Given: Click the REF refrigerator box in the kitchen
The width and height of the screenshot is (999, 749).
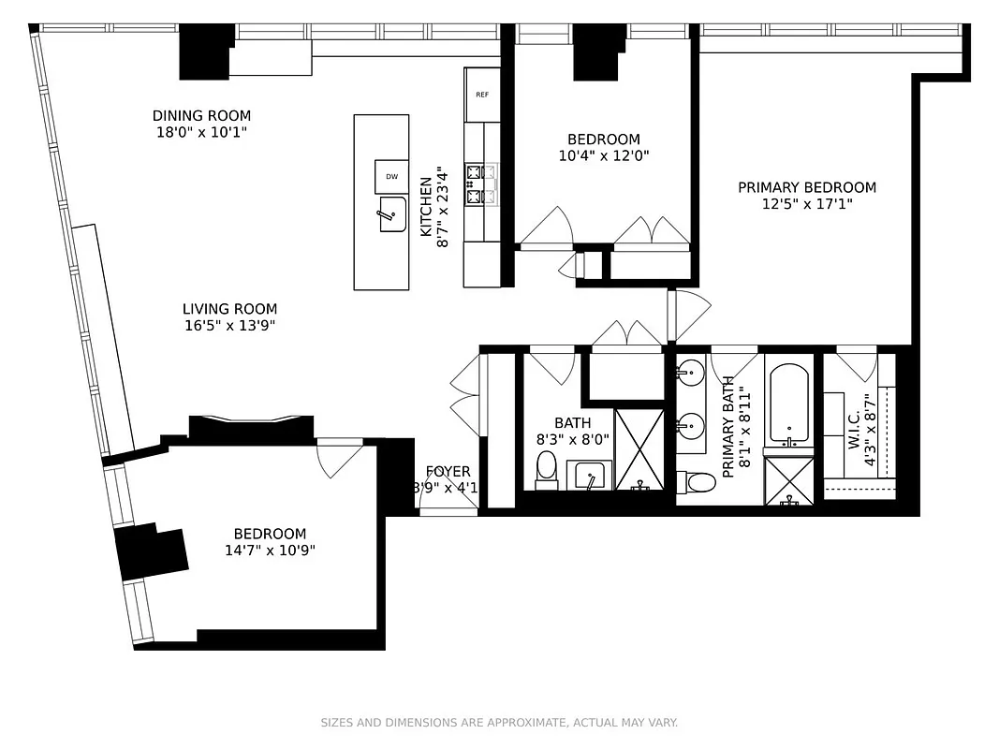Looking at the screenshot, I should [482, 95].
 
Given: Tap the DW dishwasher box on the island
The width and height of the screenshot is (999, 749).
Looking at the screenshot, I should [391, 176].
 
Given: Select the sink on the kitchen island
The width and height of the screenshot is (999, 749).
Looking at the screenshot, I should [390, 214].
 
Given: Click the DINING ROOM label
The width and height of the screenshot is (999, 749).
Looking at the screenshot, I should [201, 116].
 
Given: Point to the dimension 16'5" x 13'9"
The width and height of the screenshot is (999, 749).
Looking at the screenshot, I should [229, 326].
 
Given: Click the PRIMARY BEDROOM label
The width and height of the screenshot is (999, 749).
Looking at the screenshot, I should [807, 187].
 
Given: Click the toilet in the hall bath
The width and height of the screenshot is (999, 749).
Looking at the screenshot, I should [547, 467].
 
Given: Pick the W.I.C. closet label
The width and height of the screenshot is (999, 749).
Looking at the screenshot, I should [854, 429].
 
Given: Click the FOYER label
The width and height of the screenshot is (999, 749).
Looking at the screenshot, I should [448, 472].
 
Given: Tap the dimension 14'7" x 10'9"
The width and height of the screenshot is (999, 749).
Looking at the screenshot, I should [270, 551].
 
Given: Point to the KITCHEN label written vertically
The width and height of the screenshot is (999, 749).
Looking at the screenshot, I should [425, 206].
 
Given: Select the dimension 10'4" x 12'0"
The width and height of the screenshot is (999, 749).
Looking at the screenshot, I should [604, 156].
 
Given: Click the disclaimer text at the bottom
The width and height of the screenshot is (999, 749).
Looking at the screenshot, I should [499, 723].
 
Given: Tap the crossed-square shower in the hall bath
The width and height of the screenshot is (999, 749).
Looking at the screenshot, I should [639, 449].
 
